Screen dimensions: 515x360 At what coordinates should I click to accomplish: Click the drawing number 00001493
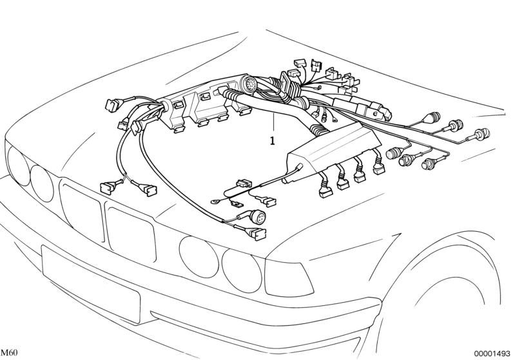[x=494, y=353]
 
